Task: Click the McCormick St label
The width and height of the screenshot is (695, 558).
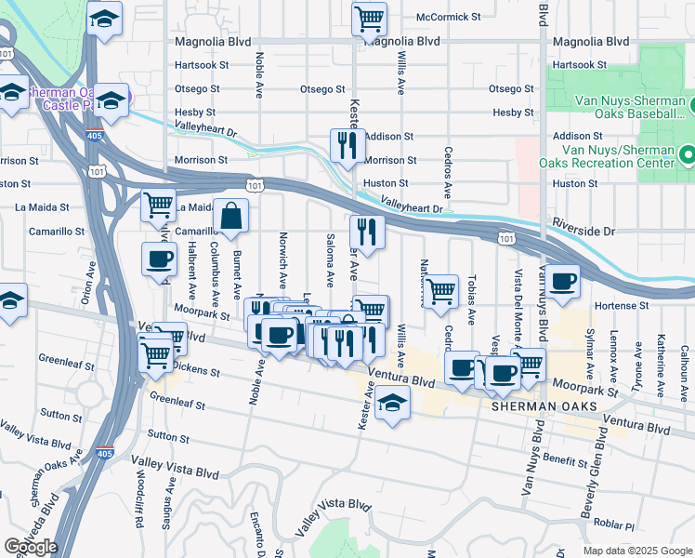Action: click(x=448, y=17)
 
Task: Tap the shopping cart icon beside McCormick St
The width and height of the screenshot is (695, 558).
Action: click(x=369, y=19)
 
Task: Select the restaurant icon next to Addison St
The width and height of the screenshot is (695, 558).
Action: click(x=347, y=145)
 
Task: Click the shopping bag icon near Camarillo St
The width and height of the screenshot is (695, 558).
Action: click(x=230, y=218)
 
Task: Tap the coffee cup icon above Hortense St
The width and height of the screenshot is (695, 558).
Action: click(x=562, y=281)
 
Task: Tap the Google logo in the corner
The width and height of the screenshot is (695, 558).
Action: click(x=31, y=547)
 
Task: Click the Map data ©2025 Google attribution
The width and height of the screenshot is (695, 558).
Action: click(x=636, y=551)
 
